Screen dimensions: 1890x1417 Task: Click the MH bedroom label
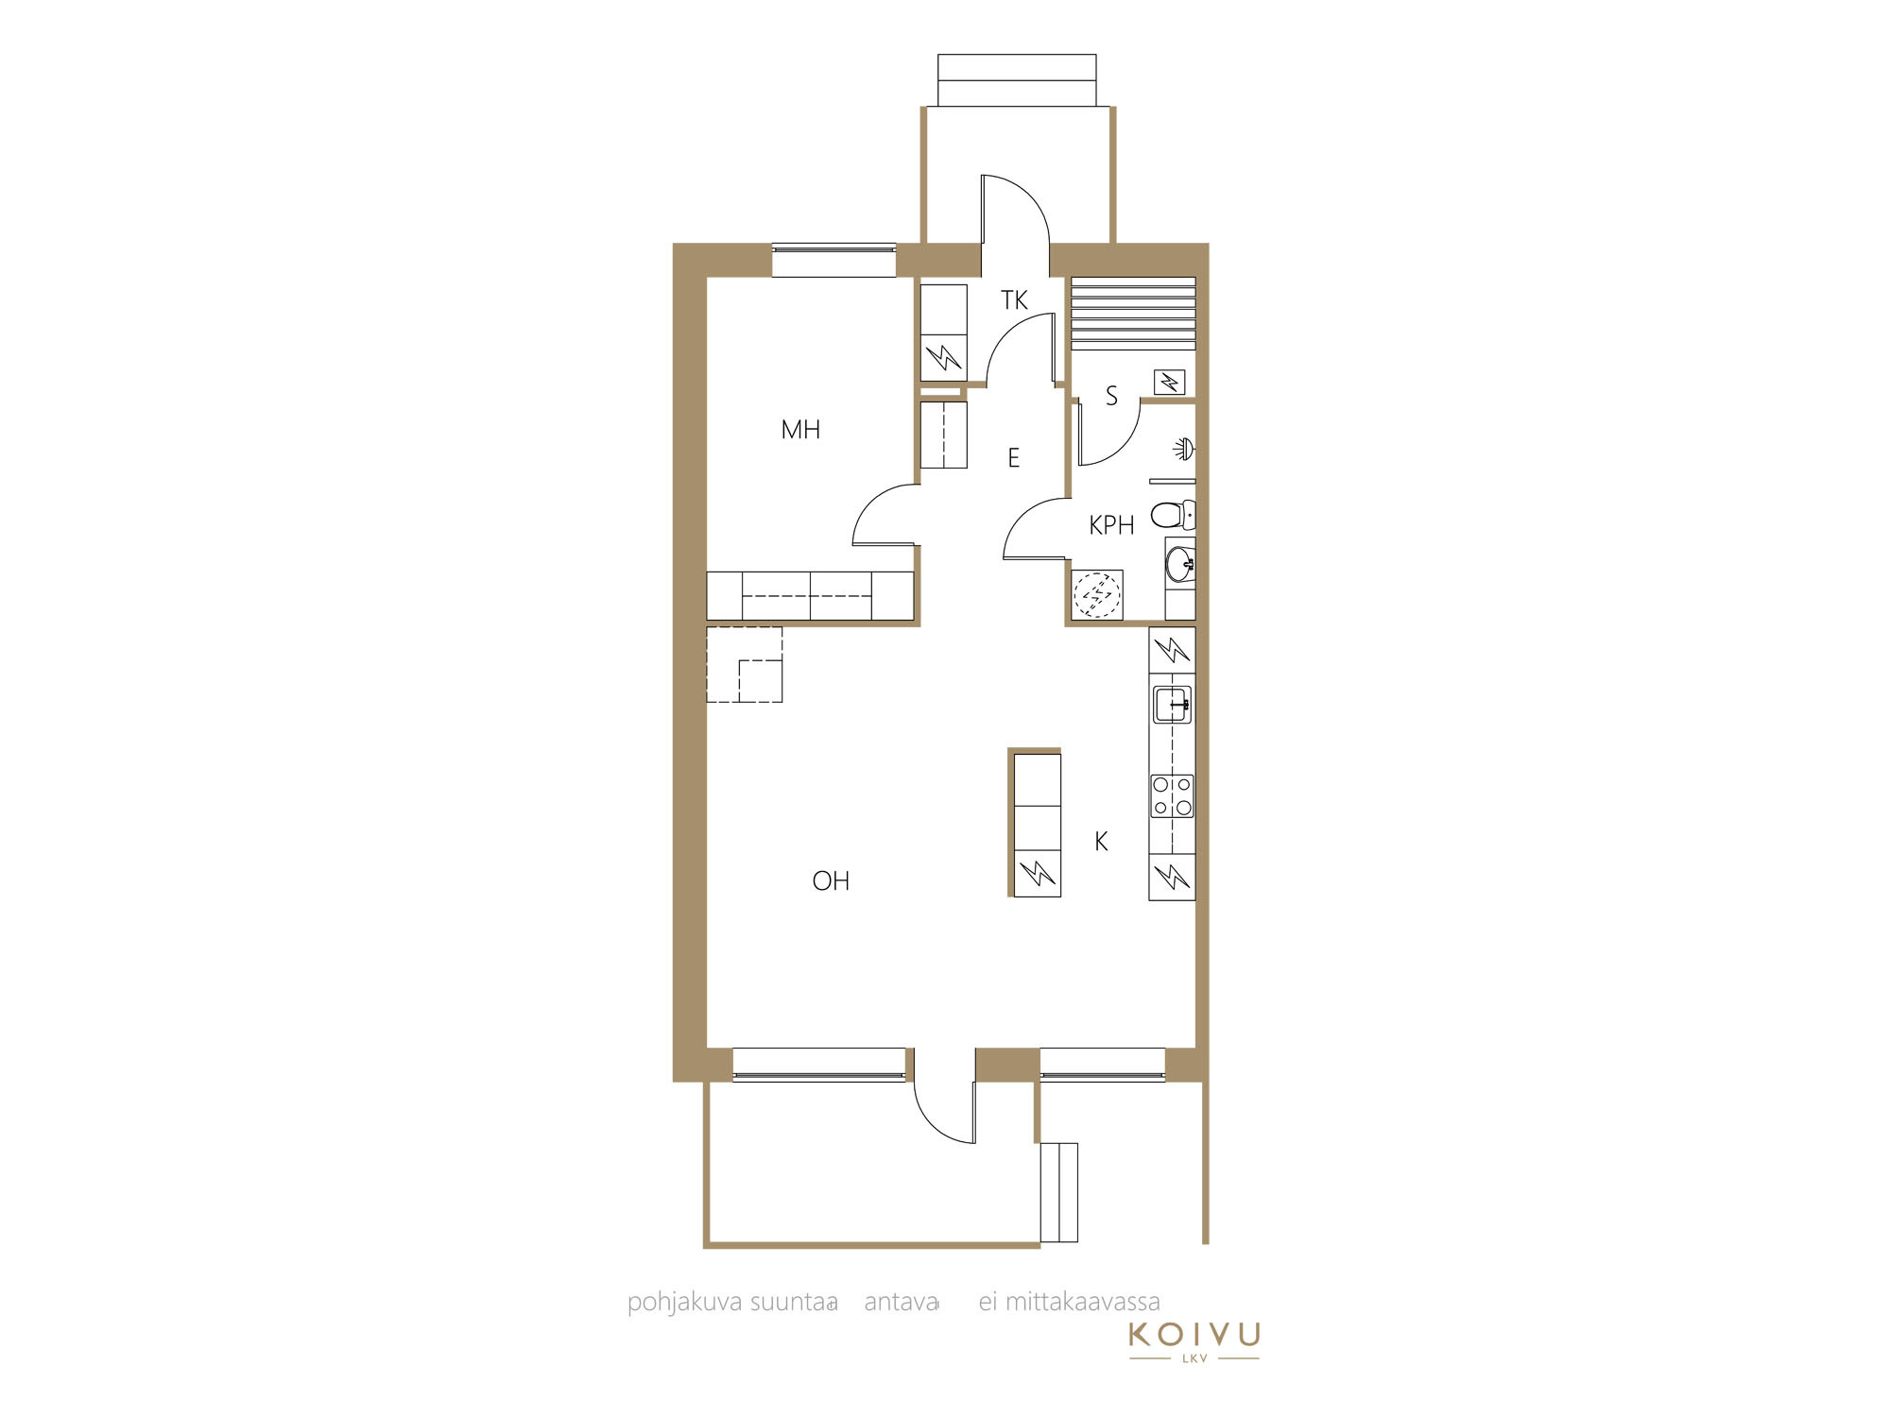800,430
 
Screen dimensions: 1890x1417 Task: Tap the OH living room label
831,881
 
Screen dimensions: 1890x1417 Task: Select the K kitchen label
1101,842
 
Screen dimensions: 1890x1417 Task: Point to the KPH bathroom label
1111,525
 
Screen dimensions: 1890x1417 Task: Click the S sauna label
1111,397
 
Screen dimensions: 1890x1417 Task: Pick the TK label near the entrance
1014,300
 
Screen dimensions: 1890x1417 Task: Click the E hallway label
1014,458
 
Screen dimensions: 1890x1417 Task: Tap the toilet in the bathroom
1173,516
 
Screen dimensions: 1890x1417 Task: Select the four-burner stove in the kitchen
1172,795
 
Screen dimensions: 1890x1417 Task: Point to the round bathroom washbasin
1180,565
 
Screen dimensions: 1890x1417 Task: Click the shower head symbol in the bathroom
1184,449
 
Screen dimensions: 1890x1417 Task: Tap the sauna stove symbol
1170,383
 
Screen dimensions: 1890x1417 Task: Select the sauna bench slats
1133,314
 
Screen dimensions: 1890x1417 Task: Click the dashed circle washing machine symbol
1097,595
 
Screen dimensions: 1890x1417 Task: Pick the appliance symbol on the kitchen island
1037,874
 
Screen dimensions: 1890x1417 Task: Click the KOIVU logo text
1194,1335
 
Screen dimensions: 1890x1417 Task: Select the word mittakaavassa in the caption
1082,1302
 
